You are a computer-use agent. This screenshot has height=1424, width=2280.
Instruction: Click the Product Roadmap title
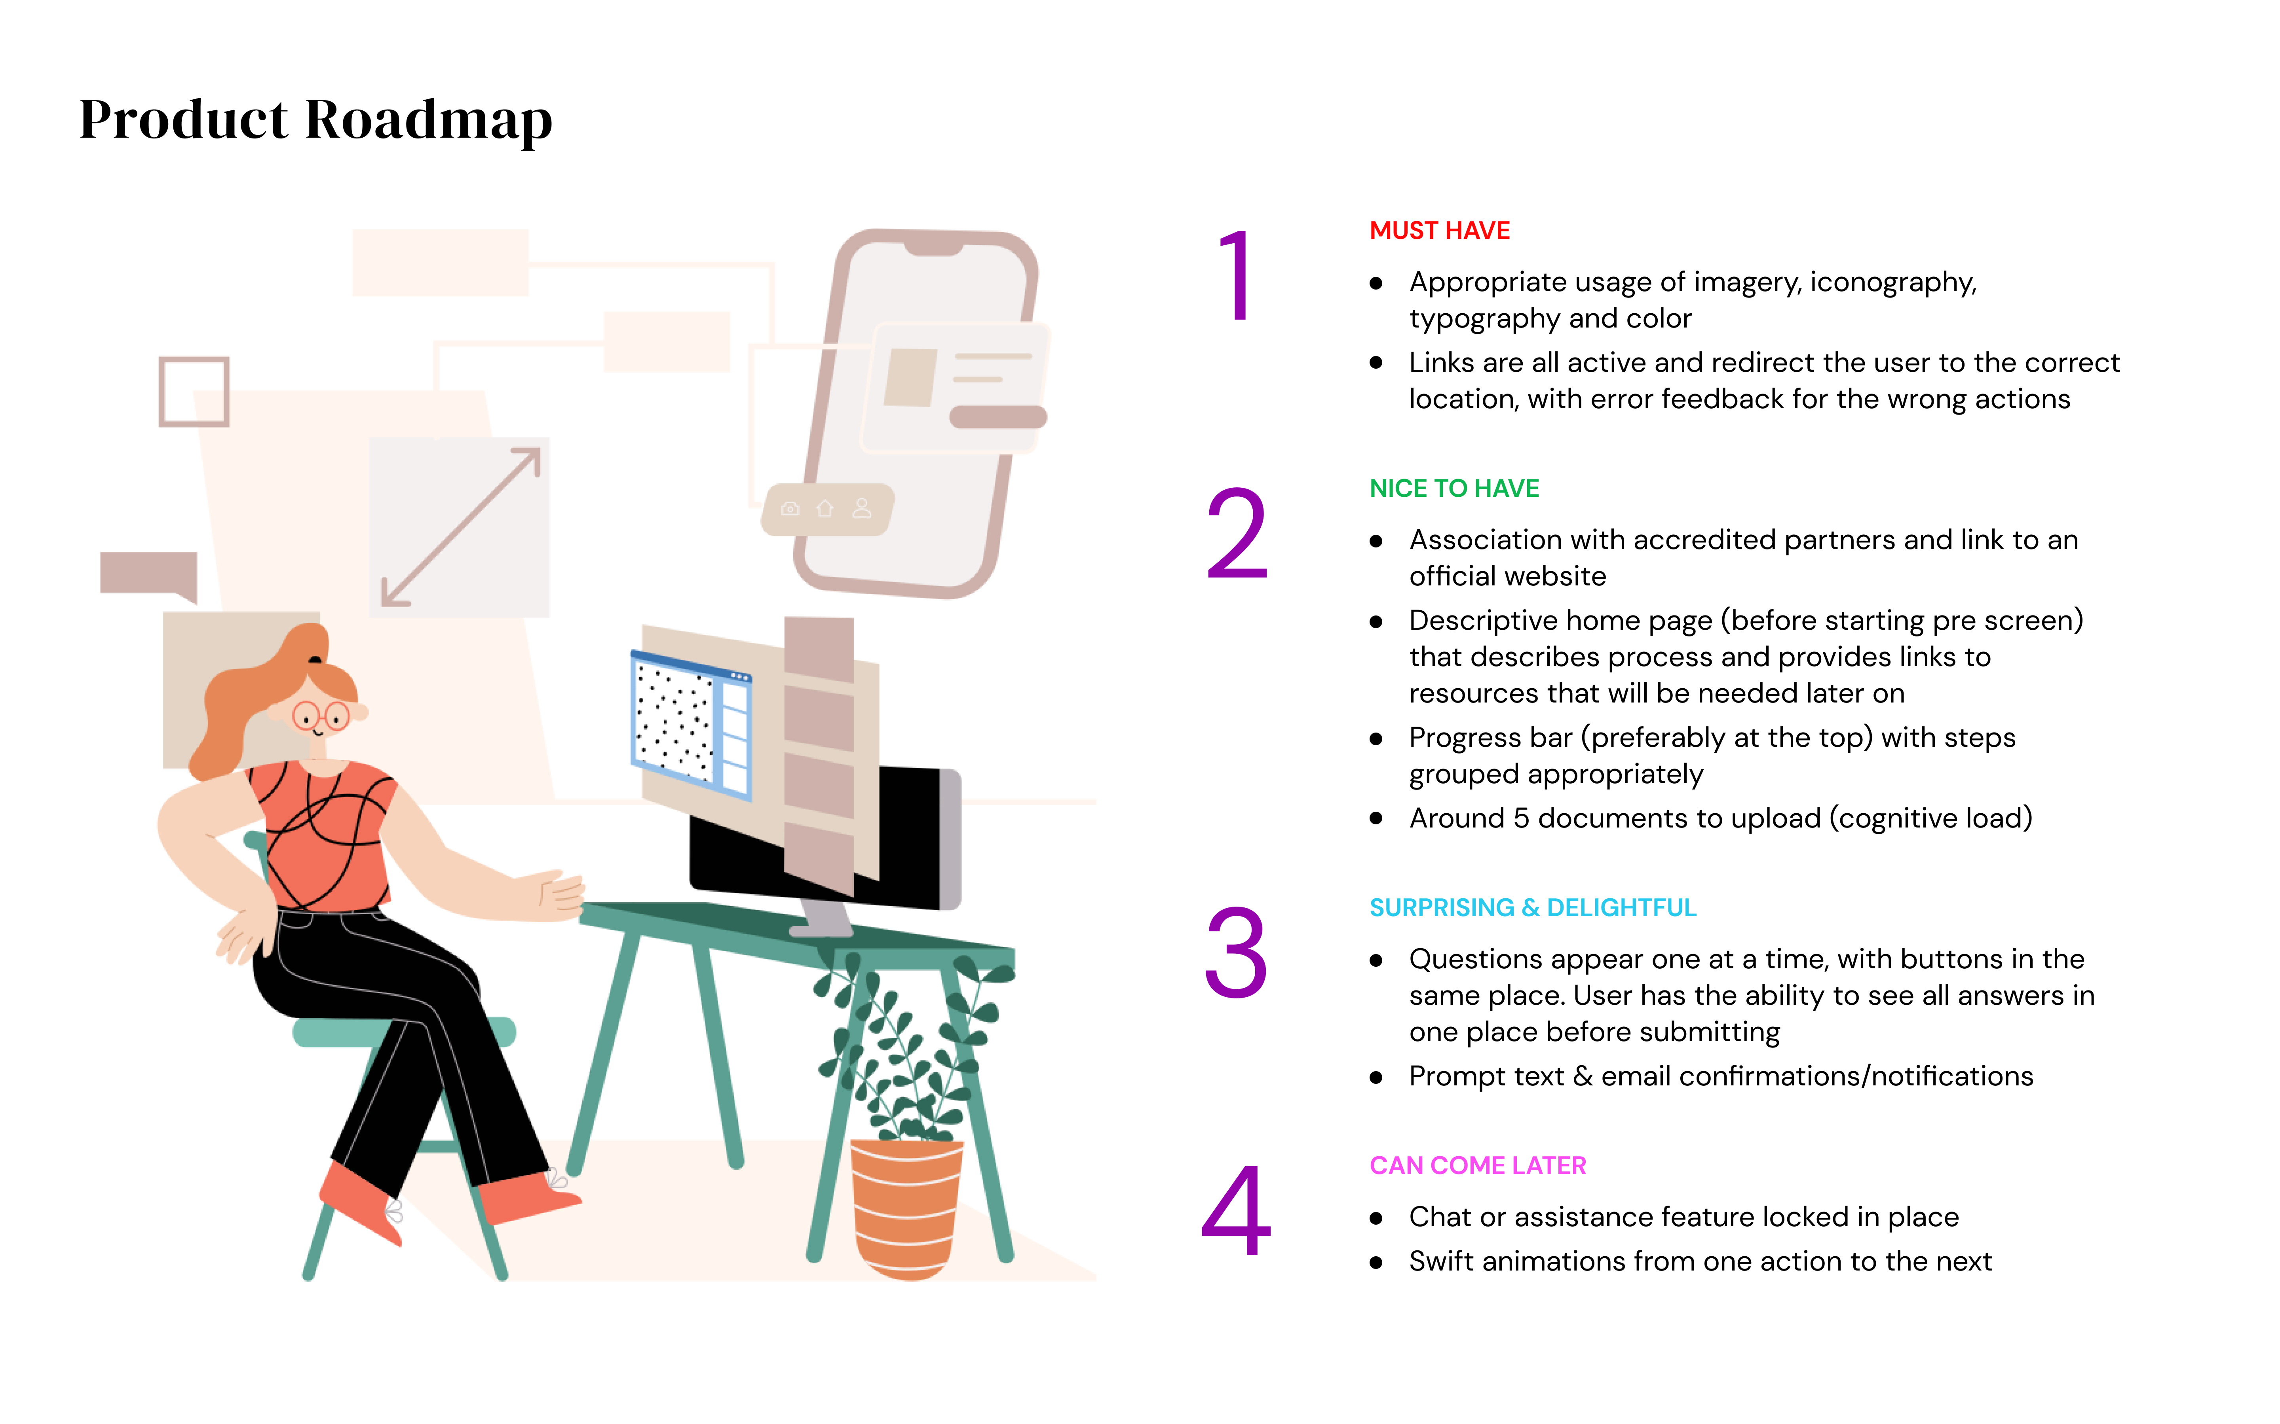[x=315, y=121]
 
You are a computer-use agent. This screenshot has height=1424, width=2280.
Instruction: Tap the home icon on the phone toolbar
[x=825, y=509]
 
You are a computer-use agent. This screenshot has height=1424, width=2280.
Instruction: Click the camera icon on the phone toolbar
[x=790, y=509]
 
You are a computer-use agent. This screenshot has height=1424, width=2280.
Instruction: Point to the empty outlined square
[x=194, y=391]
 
